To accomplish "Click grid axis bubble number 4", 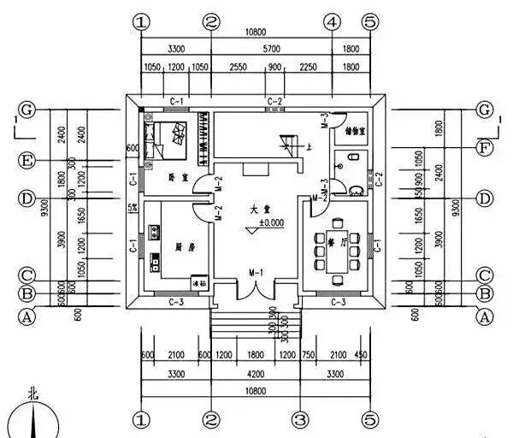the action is [332, 21].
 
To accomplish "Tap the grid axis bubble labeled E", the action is [27, 160].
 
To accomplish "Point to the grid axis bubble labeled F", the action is [486, 146].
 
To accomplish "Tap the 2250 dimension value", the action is [305, 66].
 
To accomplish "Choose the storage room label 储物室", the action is [355, 132].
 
